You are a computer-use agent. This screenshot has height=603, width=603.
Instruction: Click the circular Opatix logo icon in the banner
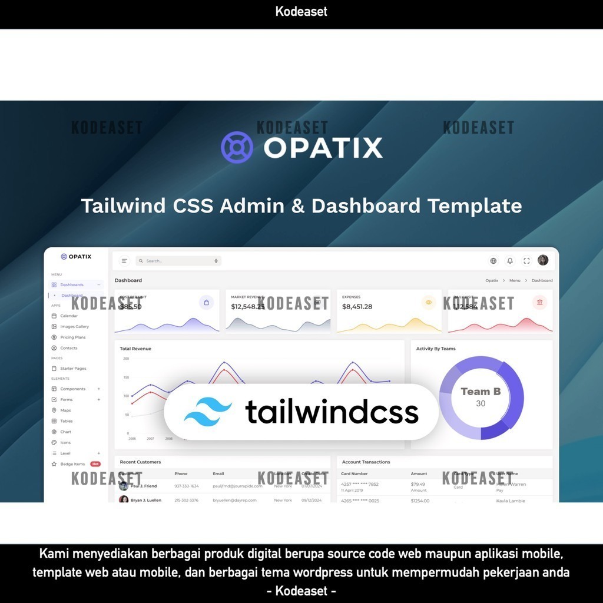237,147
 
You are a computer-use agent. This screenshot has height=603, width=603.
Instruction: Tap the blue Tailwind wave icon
208,412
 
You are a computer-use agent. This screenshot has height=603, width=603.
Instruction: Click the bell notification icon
510,261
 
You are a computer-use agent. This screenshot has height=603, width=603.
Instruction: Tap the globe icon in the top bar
493,261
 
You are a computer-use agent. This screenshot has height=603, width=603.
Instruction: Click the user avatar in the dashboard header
543,260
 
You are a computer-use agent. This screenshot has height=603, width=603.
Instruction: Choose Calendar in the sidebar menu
68,316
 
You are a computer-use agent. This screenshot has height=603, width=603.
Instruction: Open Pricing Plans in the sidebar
72,337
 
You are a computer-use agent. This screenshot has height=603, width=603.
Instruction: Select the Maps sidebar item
65,410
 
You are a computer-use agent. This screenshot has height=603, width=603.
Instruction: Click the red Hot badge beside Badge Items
95,464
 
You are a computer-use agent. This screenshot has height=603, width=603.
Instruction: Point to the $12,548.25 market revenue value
248,307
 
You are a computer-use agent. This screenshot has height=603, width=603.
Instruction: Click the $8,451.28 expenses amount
357,307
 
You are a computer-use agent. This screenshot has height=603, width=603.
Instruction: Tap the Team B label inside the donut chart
481,392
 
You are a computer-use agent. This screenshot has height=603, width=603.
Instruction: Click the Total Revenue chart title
135,349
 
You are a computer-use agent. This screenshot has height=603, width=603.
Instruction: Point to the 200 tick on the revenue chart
126,359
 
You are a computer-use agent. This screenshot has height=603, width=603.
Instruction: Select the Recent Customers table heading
140,462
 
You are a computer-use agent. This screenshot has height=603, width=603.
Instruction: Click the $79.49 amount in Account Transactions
418,484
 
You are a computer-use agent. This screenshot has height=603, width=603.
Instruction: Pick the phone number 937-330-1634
187,486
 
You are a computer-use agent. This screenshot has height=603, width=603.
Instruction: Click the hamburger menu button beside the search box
124,261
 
